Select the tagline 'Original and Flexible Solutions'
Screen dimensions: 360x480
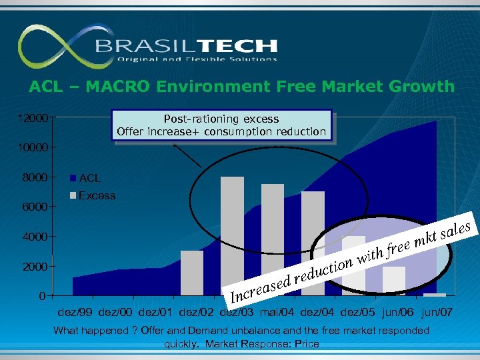click(x=197, y=59)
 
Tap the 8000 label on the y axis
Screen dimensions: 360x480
click(x=35, y=177)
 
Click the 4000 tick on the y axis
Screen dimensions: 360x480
click(x=35, y=237)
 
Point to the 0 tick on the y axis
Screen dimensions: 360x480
click(x=41, y=295)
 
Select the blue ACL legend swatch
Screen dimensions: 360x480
click(x=73, y=179)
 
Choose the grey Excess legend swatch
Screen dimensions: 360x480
click(x=73, y=196)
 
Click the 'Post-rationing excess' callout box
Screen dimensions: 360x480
click(x=221, y=125)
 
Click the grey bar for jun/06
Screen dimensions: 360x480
click(x=393, y=280)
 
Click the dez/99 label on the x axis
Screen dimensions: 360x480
click(x=75, y=311)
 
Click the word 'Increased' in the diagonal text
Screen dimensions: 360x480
click(x=256, y=287)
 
